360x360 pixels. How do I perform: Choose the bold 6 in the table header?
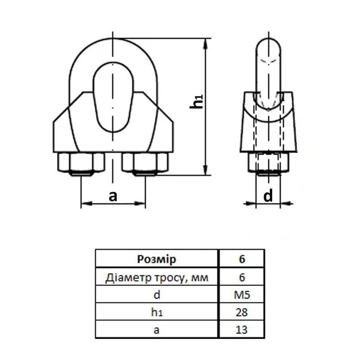pyautogui.click(x=242, y=259)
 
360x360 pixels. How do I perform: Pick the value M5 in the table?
pyautogui.click(x=242, y=295)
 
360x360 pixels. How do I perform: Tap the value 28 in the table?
pyautogui.click(x=242, y=313)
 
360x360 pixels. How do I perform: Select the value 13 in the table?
pyautogui.click(x=242, y=330)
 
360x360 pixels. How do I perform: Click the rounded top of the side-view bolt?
pyautogui.click(x=269, y=45)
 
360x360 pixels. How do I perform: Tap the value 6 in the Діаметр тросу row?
pyautogui.click(x=242, y=278)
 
